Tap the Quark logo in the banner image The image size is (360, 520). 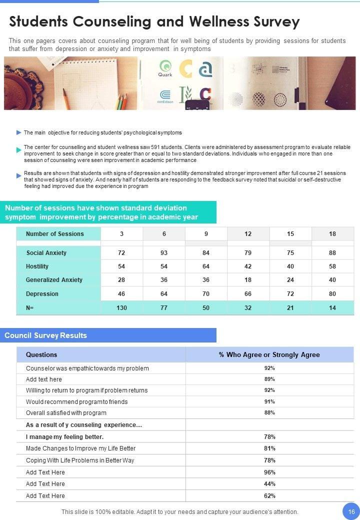(165, 68)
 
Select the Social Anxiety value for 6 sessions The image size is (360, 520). (164, 253)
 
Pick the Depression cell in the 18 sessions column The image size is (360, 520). (332, 294)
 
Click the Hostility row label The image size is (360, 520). (37, 266)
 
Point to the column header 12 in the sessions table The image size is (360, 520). (248, 234)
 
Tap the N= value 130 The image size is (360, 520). (121, 308)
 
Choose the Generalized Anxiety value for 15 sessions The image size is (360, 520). (290, 280)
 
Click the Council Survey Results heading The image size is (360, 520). (46, 335)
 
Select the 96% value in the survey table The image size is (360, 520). (269, 472)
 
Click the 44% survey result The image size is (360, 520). (269, 484)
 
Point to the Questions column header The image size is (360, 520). (41, 354)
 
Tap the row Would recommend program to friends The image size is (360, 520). (76, 402)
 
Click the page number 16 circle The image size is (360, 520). (351, 511)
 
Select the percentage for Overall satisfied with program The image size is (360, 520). (269, 413)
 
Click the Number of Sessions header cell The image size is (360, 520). (55, 234)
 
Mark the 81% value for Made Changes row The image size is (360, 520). (269, 448)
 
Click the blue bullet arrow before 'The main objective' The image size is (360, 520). (19, 133)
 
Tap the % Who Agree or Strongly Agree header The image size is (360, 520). (269, 354)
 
